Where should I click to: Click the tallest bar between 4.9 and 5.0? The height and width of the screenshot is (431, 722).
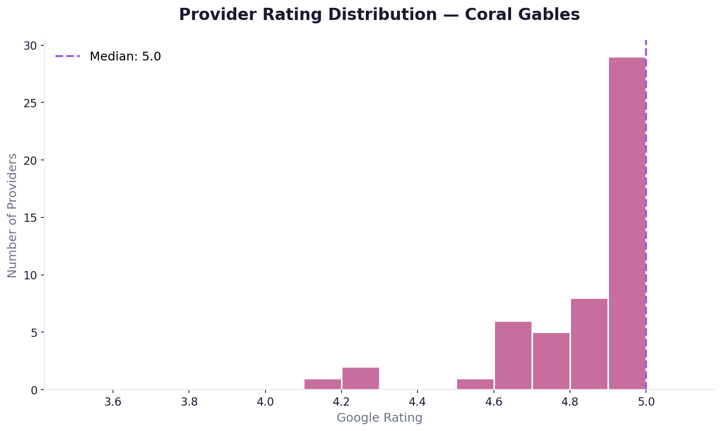[x=627, y=223]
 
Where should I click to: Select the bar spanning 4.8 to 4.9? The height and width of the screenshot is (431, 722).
[x=589, y=344]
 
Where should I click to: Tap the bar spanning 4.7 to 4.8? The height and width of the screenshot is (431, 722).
[x=551, y=361]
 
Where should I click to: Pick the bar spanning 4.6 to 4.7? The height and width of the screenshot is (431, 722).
[x=513, y=355]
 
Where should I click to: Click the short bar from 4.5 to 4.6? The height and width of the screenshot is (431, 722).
[x=475, y=384]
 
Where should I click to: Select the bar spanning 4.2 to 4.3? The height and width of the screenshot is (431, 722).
[x=361, y=378]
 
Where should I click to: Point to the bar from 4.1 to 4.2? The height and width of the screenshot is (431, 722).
[x=323, y=384]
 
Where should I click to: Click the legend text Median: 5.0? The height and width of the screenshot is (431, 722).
[x=125, y=57]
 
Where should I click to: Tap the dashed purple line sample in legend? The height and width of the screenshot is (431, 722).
[x=68, y=57]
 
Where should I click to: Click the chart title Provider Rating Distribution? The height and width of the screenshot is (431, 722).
[x=379, y=15]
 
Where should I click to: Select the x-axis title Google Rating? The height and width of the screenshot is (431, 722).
[x=379, y=418]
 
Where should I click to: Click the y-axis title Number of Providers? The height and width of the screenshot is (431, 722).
[x=13, y=215]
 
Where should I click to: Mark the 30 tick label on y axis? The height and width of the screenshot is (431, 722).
[x=31, y=46]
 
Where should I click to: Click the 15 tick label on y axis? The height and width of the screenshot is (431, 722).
[x=31, y=218]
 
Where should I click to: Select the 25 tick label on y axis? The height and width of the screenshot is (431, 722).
[x=31, y=103]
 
